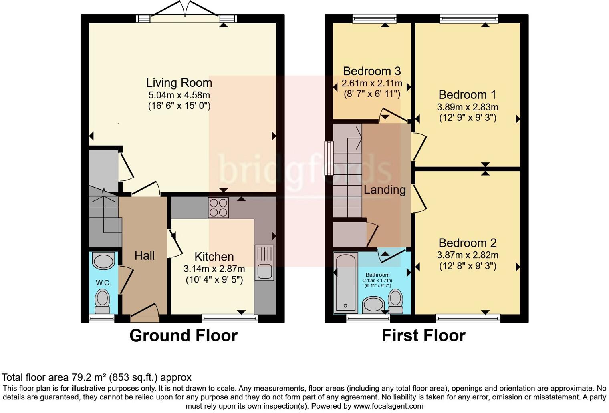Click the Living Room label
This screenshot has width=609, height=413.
[x=179, y=83]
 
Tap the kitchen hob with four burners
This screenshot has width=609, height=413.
[x=218, y=208]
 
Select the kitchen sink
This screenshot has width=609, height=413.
[x=264, y=263]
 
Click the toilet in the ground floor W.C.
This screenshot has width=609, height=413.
[x=102, y=301]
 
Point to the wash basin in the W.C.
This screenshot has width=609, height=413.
[x=103, y=261]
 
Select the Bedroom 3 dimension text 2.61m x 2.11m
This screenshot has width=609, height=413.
[x=372, y=84]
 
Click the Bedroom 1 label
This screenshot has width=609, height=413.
[x=467, y=95]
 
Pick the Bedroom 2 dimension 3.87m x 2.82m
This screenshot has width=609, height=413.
[x=468, y=255]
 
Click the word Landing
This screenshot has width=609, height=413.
[x=385, y=190]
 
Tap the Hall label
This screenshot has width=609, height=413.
[x=144, y=256]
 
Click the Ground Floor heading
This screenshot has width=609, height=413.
[x=184, y=335]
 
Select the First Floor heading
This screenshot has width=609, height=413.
[x=423, y=335]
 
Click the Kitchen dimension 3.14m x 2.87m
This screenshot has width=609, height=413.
[x=214, y=269]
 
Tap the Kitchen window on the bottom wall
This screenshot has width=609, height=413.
[x=230, y=319]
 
